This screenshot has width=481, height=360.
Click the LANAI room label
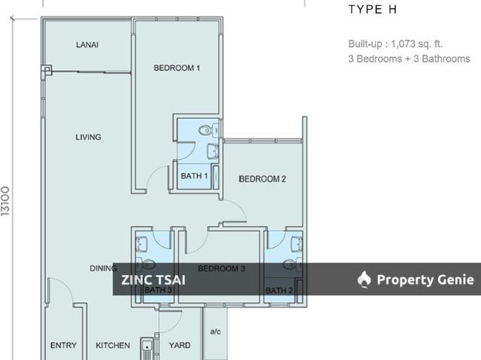click(87, 45)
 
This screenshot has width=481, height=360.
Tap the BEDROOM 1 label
click(177, 68)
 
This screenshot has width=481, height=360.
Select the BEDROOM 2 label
click(262, 179)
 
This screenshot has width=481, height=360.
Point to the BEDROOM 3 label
click(222, 269)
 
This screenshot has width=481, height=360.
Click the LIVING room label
click(88, 138)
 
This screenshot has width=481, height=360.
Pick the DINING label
click(103, 268)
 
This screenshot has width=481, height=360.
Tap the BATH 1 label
click(194, 177)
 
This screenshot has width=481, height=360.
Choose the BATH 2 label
click(279, 291)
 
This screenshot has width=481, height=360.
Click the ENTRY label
click(63, 346)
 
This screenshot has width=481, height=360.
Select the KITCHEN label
click(113, 346)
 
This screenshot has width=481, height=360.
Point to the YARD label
click(179, 346)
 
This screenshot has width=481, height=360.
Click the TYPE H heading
click(373, 11)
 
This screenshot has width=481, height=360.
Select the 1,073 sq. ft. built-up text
click(395, 44)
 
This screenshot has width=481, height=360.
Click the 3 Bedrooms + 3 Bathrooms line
click(409, 59)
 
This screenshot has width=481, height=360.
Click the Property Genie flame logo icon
click(365, 280)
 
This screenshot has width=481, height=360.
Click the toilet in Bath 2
click(290, 264)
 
